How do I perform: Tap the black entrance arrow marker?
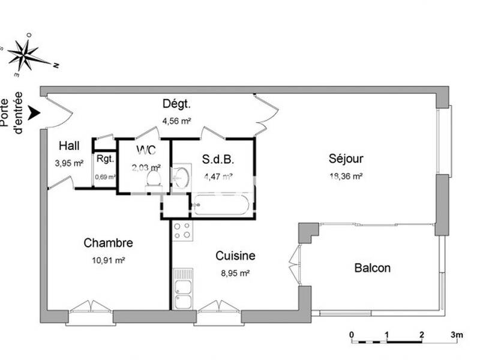(35, 113)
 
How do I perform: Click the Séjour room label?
(346, 159)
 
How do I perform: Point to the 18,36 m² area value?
(346, 176)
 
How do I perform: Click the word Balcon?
(372, 268)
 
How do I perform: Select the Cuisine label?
(235, 256)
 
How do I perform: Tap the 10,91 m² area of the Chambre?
(108, 260)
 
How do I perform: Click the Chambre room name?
(108, 243)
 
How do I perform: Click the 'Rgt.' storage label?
(105, 160)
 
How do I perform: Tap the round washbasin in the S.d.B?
(182, 177)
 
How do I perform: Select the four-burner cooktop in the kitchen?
(182, 231)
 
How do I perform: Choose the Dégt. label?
(176, 104)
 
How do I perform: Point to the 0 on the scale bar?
(352, 334)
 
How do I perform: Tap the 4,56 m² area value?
(176, 121)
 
